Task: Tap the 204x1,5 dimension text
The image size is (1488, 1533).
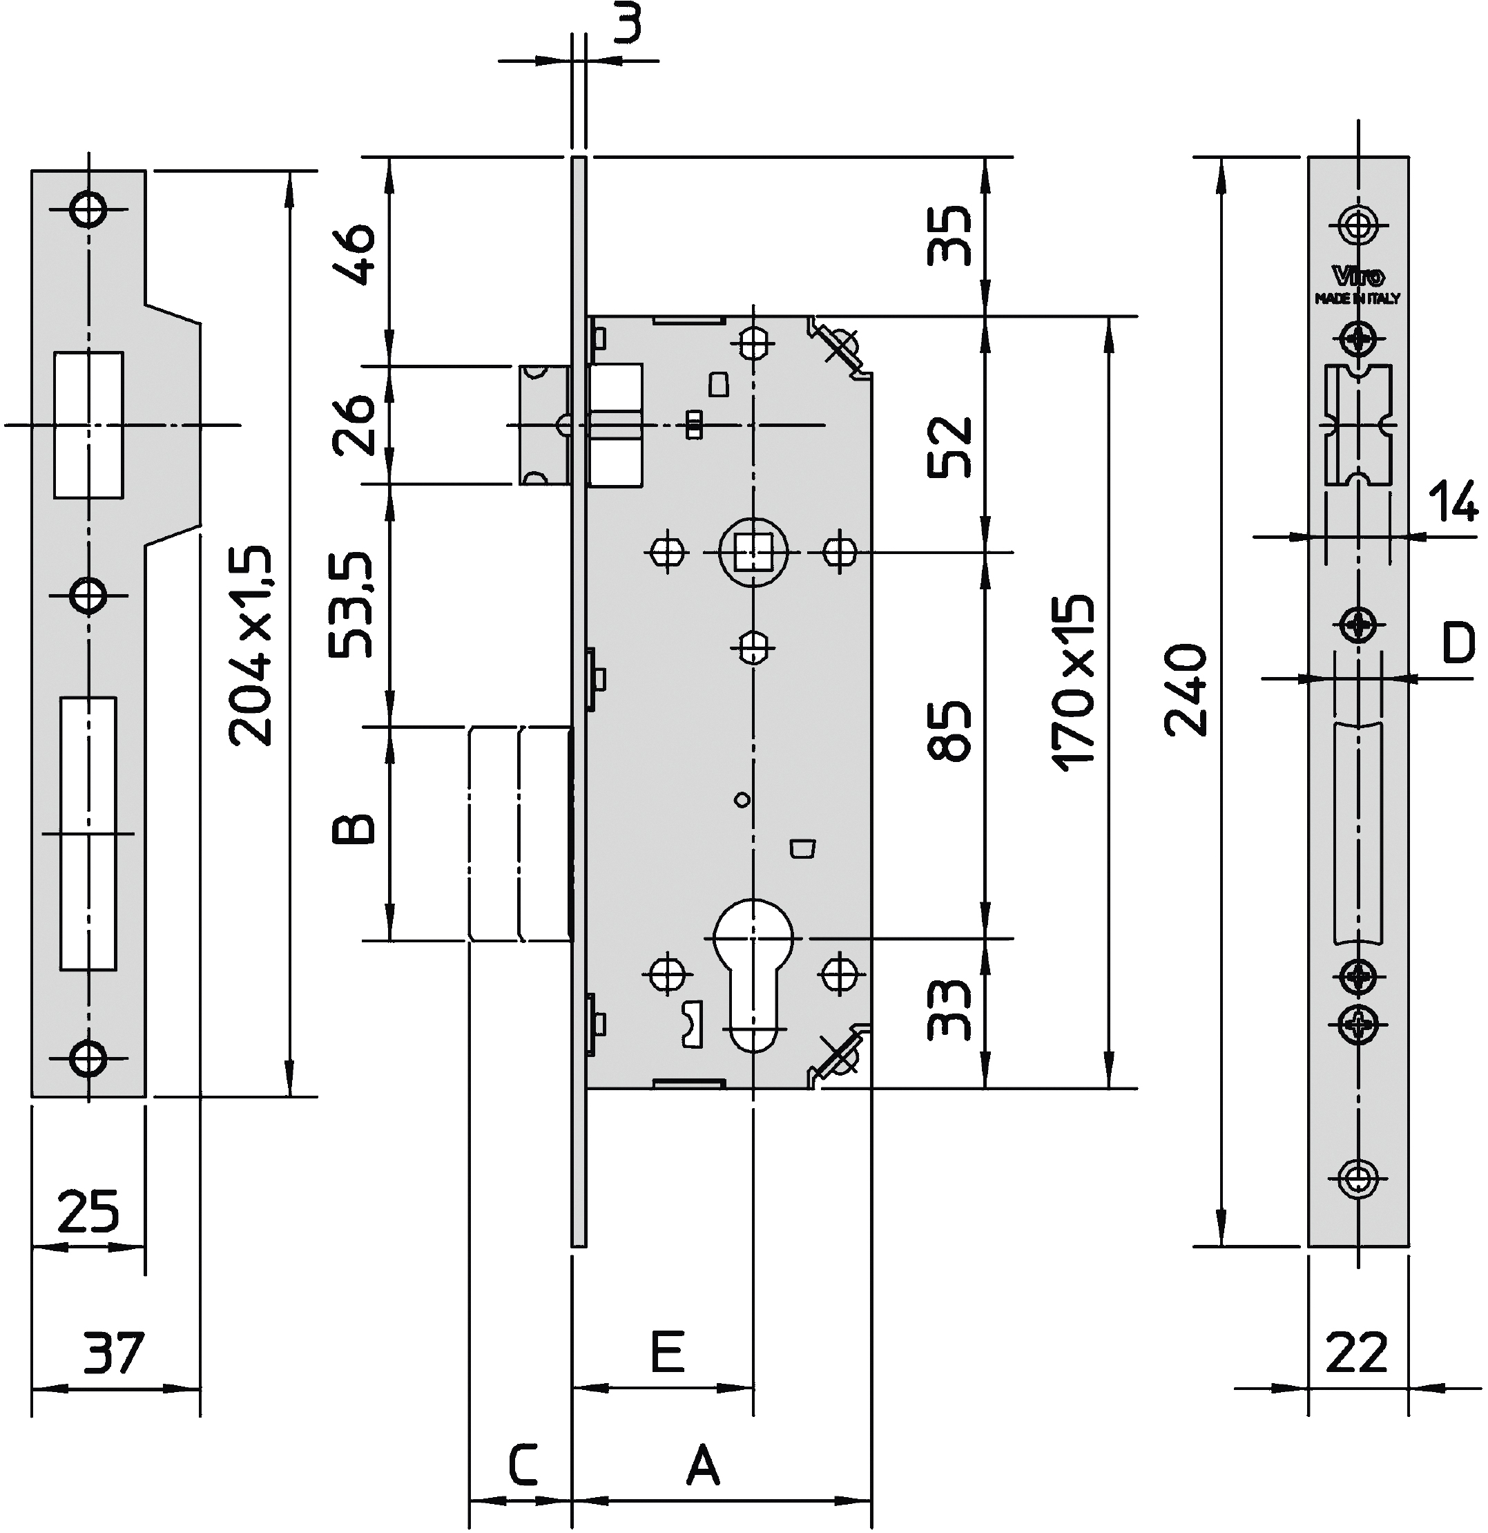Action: tap(251, 645)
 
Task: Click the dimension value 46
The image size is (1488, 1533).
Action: tap(354, 255)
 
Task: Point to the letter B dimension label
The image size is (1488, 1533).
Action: tap(354, 829)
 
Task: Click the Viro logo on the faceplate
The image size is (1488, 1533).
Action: tap(1358, 277)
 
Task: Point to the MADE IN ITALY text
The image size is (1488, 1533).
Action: tap(1357, 298)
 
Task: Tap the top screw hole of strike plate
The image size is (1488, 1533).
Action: tap(88, 209)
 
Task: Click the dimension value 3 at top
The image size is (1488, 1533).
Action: tap(627, 23)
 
